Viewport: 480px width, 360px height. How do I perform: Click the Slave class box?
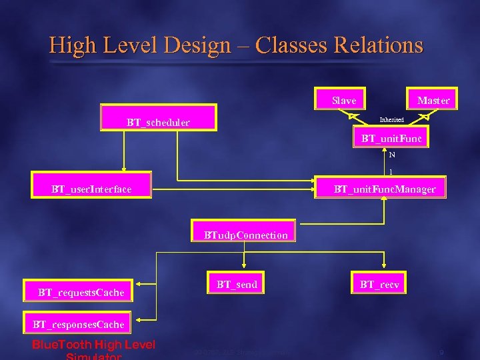(x=344, y=100)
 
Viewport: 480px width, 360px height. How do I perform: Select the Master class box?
(x=433, y=100)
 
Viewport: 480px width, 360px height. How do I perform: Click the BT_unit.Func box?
(x=391, y=139)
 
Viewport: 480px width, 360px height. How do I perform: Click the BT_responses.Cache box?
(x=79, y=324)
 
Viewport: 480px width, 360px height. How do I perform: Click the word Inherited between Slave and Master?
(x=391, y=120)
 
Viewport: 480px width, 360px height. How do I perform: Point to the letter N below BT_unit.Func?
(x=392, y=155)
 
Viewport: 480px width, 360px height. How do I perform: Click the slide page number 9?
(x=441, y=351)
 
